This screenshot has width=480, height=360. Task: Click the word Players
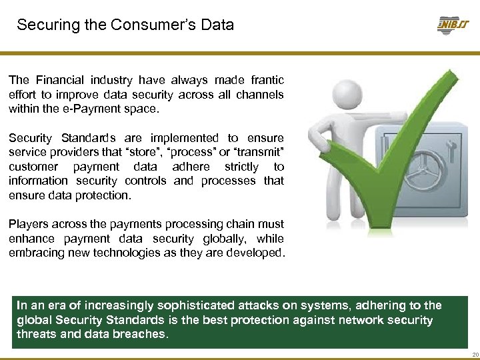pyautogui.click(x=29, y=224)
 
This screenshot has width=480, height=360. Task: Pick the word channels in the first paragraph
pyautogui.click(x=259, y=95)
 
